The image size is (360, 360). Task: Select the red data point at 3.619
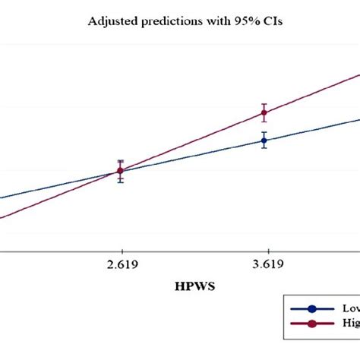pos(264,113)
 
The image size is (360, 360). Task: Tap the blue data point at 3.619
pos(264,140)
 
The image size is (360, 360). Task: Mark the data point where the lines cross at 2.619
pos(120,171)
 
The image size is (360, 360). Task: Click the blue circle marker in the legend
pos(311,309)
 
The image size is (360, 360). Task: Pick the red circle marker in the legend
pos(311,324)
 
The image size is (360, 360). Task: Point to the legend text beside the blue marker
pos(349,309)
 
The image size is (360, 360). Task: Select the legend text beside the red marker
pos(350,324)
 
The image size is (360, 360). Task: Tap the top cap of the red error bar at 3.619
pos(264,104)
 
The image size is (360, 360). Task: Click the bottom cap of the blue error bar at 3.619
pos(264,147)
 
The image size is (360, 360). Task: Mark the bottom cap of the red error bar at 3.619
pos(264,122)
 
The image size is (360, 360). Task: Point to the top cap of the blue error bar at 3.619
pos(264,132)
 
